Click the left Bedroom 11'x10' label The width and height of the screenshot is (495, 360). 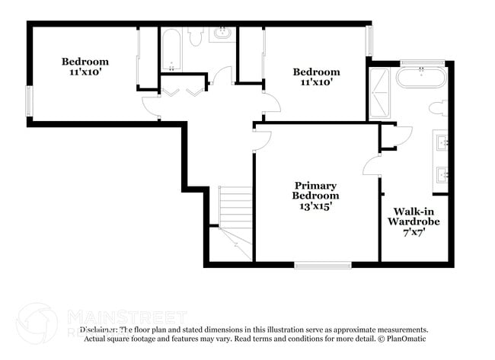point(85,67)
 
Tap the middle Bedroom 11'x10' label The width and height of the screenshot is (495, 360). point(317,78)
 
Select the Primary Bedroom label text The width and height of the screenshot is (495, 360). point(316,196)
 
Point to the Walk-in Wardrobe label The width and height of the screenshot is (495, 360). point(415,221)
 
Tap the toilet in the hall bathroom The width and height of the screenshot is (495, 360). point(195,37)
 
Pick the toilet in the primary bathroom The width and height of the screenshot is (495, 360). point(439,108)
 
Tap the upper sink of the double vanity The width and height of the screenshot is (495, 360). point(442,142)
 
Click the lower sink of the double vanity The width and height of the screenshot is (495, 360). point(442,175)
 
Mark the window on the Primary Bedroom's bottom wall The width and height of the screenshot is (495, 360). point(315,265)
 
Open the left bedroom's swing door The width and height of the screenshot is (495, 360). point(152,107)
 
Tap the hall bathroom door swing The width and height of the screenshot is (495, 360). point(222,77)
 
